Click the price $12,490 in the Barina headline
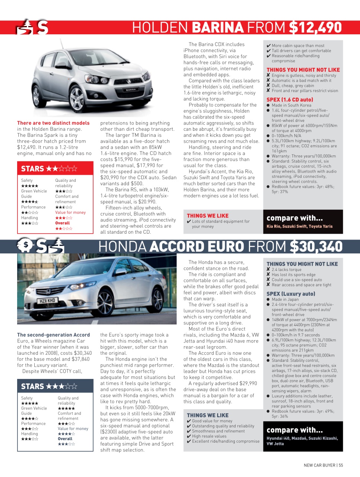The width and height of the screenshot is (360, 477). (x=315, y=28)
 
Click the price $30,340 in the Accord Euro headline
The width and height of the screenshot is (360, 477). (x=316, y=247)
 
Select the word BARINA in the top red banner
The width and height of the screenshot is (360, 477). (x=218, y=28)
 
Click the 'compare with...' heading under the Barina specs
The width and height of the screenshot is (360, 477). (x=294, y=218)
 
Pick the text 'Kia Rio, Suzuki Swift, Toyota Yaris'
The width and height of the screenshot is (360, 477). (x=299, y=226)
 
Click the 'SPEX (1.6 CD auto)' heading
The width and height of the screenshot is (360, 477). (x=290, y=99)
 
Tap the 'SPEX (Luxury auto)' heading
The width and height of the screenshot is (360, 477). (x=291, y=294)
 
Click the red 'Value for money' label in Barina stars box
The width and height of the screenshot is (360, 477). (x=70, y=212)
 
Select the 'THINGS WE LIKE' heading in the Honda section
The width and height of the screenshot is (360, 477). (x=208, y=415)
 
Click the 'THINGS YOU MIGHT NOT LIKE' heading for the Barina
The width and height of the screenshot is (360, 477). (x=303, y=70)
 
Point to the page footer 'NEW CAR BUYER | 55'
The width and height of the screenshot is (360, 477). (x=323, y=465)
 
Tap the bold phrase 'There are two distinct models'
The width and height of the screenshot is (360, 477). (x=53, y=123)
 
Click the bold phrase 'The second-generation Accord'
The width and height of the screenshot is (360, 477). (x=53, y=335)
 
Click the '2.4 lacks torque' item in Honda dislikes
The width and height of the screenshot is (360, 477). (x=286, y=269)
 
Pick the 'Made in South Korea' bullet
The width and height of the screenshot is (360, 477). (x=291, y=105)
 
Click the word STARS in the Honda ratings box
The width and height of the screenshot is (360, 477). (x=32, y=386)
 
